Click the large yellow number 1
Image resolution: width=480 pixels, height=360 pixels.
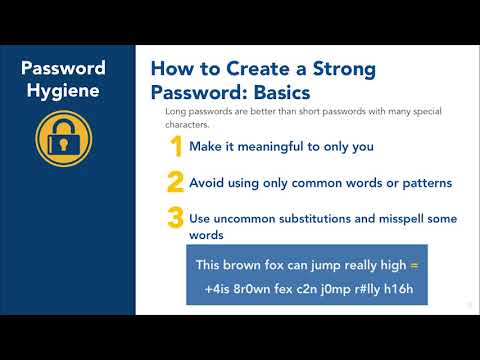click(x=176, y=147)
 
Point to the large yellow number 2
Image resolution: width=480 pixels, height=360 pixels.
click(x=175, y=183)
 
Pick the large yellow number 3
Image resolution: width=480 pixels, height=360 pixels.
click(x=176, y=217)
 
